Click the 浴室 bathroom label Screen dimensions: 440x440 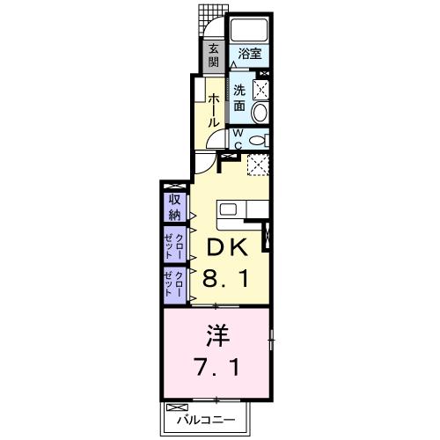[x=250, y=54]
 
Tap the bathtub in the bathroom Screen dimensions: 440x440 [x=249, y=28]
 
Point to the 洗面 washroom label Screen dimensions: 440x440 [x=239, y=97]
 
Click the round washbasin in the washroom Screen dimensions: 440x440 [x=260, y=113]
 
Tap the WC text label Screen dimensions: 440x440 [x=237, y=138]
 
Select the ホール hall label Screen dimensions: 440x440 [x=214, y=111]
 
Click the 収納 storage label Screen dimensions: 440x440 [x=173, y=207]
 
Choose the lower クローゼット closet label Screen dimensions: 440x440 [x=173, y=285]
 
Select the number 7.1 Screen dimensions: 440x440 [x=215, y=364]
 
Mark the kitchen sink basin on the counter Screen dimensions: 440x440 [x=228, y=209]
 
